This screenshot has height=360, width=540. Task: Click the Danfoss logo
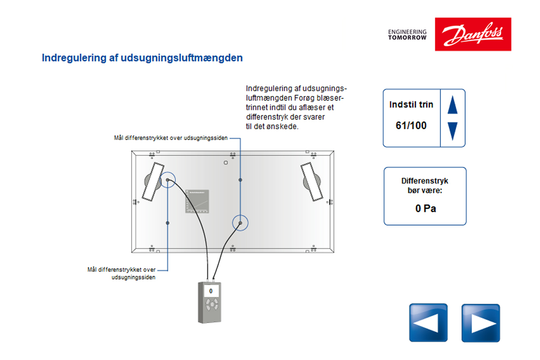pos(472,34)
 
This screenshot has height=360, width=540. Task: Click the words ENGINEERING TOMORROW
pos(407,34)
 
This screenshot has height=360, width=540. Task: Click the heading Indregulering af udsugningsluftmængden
pos(142,58)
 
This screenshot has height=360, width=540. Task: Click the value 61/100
pos(411,126)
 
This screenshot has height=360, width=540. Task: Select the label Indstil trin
pos(411,105)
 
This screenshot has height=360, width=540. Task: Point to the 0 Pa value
pos(425,209)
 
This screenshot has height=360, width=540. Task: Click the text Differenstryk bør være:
pos(425,186)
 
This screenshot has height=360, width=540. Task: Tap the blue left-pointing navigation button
pos(428,323)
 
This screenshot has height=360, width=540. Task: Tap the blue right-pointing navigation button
pos(481,323)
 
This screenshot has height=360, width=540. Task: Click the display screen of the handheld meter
pos(211,291)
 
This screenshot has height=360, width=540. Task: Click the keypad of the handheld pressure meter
pos(211,305)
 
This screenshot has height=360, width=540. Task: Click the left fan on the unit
pos(151,181)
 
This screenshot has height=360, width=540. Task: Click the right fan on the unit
pos(312,182)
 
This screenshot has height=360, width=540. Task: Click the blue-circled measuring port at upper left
pos(168,180)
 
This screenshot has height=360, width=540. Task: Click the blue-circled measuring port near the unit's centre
pos(240,223)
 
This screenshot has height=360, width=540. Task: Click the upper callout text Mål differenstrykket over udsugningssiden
pos(171,138)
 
